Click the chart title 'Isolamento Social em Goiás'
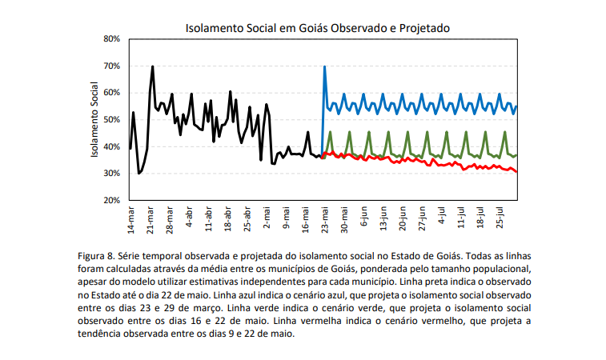(317, 27)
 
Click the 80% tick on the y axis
(110, 38)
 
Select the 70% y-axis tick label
(110, 66)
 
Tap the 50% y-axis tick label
(110, 119)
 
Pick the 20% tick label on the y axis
(110, 200)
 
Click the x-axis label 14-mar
(130, 218)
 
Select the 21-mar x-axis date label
(150, 218)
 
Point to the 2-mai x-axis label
(268, 217)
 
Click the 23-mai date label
(326, 218)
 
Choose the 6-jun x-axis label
(365, 217)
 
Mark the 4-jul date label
(443, 217)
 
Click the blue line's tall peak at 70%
(324, 67)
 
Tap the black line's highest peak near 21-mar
(152, 67)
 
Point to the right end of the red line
(517, 171)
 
